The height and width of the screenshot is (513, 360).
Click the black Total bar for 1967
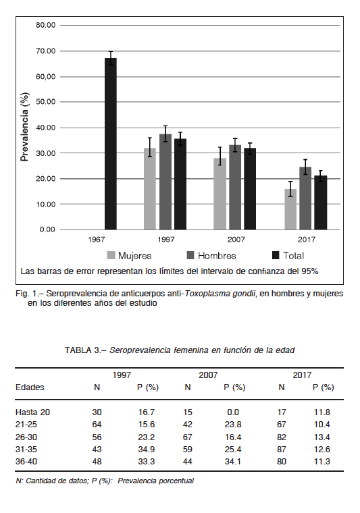coord(111,144)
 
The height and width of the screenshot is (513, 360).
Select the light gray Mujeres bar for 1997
coord(150,189)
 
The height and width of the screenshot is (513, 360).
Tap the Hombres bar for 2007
coord(235,187)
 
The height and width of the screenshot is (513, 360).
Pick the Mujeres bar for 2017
coord(290,209)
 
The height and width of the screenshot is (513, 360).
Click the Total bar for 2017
coord(321,202)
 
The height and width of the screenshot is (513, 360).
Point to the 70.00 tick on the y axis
coord(46,51)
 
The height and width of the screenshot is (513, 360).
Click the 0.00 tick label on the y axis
coord(47,230)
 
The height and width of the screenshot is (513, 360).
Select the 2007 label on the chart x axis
coord(236,240)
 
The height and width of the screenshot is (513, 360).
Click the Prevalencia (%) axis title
coord(24,127)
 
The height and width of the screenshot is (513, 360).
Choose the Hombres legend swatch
coord(190,255)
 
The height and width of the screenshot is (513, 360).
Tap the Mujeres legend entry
coord(129,256)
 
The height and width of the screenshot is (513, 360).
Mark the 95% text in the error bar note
coord(309,271)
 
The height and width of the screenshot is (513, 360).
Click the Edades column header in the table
coord(30,387)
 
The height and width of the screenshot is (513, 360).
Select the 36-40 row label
coord(26,462)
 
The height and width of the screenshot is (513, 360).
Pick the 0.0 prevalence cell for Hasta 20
coord(233,412)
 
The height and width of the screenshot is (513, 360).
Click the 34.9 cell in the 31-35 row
coord(147,449)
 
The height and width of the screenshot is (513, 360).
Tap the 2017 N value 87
coord(282,449)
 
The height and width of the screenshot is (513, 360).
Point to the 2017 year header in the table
coord(302,375)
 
